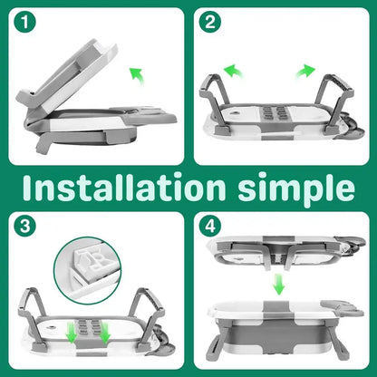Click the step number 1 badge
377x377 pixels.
[24, 23]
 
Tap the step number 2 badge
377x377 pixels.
[210, 23]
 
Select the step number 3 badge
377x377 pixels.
[24, 227]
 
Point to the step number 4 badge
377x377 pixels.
[210, 227]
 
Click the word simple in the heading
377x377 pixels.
[296, 188]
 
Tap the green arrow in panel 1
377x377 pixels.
[136, 76]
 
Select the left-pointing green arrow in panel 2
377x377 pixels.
[233, 71]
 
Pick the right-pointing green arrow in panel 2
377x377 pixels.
[305, 71]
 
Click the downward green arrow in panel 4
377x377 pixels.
[279, 285]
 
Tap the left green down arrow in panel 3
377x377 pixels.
[72, 333]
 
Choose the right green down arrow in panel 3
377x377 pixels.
[104, 333]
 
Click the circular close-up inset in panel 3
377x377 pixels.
[88, 270]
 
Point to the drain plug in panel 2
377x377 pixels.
[234, 113]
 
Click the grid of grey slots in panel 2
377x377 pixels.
[274, 112]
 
